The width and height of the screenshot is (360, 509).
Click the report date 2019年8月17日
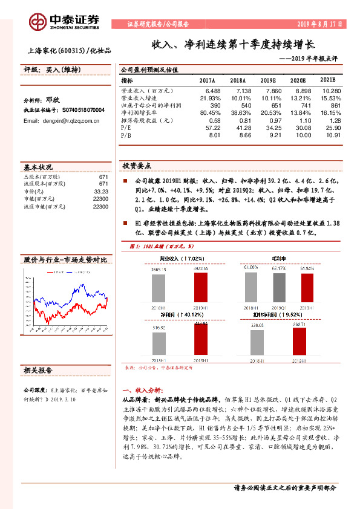pos(320,25)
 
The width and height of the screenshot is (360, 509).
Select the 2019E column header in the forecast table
pos(267,80)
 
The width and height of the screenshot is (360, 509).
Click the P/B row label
pos(126,135)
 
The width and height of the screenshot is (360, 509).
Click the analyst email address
pos(62,121)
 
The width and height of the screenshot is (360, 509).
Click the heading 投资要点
pos(136,165)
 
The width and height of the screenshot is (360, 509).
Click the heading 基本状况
pos(38,167)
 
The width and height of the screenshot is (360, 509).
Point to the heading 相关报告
pos(38,369)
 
